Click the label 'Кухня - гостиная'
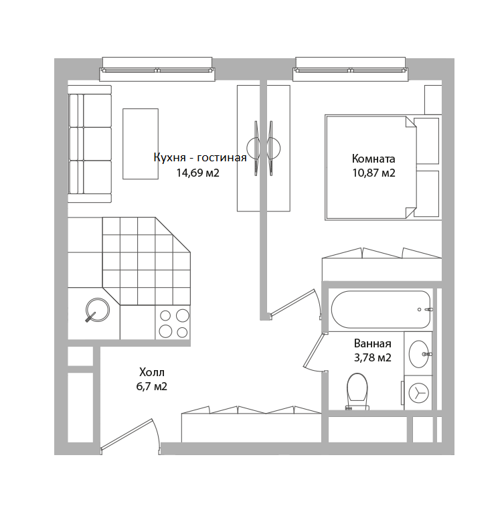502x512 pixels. tap(199, 159)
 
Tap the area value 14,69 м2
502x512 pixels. tap(198, 173)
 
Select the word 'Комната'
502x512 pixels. tap(373, 159)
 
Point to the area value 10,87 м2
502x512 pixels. tap(373, 173)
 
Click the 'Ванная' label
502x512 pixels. tap(372, 344)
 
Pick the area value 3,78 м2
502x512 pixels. tap(372, 357)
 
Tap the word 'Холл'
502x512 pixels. tap(152, 372)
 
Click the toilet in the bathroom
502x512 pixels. tap(357, 390)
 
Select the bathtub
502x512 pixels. tap(380, 309)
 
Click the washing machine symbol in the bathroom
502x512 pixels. tap(419, 392)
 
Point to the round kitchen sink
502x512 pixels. tap(98, 309)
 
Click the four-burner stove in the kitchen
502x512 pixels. tap(173, 323)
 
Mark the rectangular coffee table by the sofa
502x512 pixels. tap(141, 143)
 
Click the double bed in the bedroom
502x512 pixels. tap(370, 167)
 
